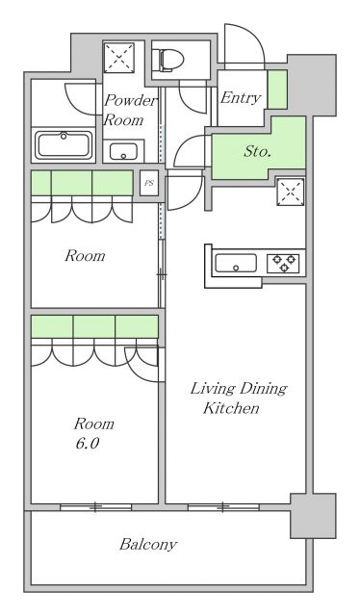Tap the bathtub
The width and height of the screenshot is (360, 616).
(x=64, y=145)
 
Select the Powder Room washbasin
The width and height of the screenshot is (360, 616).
(x=123, y=151)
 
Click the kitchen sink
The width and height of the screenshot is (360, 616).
(x=236, y=263)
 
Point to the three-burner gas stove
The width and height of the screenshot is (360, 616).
(x=284, y=263)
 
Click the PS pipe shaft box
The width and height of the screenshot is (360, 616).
(x=149, y=183)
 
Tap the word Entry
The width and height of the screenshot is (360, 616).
(x=241, y=98)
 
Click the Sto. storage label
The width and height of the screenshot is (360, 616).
(x=257, y=151)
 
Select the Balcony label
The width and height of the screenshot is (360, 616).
(x=148, y=545)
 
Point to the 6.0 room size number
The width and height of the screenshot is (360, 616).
(x=87, y=444)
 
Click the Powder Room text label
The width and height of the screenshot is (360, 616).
(x=130, y=111)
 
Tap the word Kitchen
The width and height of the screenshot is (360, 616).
(x=231, y=408)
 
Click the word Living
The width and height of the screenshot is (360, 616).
(x=213, y=389)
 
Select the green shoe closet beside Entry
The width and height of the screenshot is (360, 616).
(x=277, y=90)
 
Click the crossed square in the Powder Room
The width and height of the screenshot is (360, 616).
(x=119, y=58)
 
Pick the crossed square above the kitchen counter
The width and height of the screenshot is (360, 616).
(x=291, y=192)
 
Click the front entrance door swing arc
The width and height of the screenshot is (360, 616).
(x=252, y=35)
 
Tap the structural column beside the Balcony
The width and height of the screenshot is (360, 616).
(x=313, y=516)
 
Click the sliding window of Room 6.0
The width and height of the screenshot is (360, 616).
(x=95, y=507)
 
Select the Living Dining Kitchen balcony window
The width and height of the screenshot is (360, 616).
(x=223, y=507)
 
